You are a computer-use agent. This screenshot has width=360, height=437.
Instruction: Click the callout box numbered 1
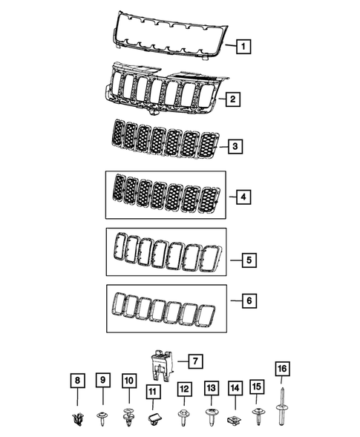pos(243,47)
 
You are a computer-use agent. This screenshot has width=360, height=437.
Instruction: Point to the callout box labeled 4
pos(243,197)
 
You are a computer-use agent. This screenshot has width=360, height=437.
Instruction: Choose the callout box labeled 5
pos(249,260)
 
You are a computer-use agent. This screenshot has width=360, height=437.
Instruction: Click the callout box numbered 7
pos(194,362)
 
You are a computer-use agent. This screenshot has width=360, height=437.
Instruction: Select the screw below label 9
pos(103,417)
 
